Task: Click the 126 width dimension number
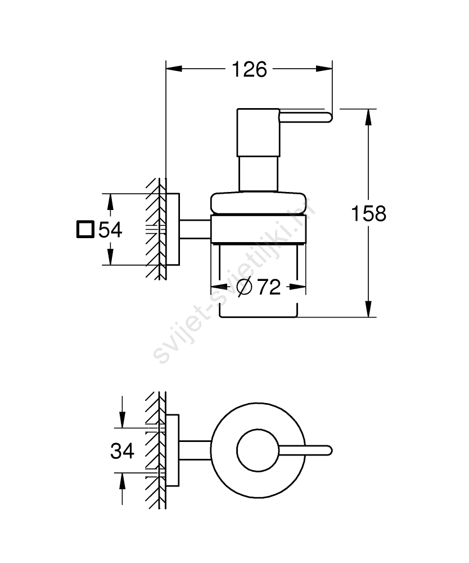[x=250, y=69]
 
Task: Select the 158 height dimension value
[x=368, y=213]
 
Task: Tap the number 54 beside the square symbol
[x=110, y=230]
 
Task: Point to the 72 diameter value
[x=269, y=287]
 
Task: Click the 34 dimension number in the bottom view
[x=122, y=451]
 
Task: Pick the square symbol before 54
[x=85, y=230]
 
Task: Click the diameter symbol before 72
[x=245, y=287]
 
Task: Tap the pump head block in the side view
[x=258, y=132]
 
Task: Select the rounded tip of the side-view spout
[x=330, y=118]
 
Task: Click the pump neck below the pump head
[x=258, y=174]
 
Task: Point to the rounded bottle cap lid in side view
[x=258, y=204]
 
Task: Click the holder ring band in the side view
[x=258, y=229]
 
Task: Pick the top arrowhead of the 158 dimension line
[x=368, y=117]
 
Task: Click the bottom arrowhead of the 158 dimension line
[x=368, y=309]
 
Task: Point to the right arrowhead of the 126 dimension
[x=324, y=69]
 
